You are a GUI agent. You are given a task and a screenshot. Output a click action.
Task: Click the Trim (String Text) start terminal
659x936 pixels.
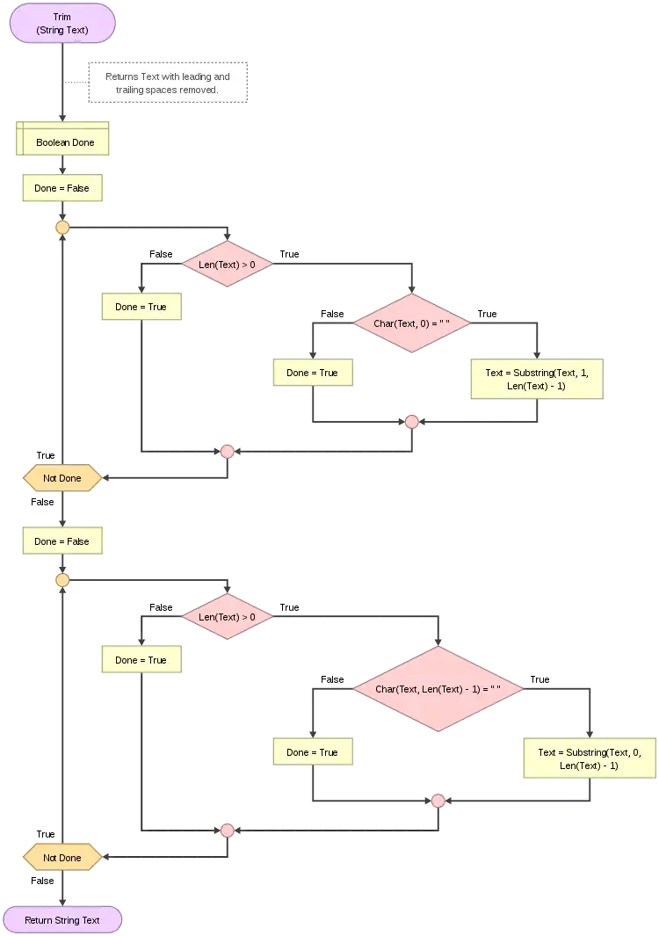(62, 24)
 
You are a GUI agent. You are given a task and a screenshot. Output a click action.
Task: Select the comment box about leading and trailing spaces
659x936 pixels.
(169, 83)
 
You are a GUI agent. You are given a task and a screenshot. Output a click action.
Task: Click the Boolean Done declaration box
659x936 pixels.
(63, 141)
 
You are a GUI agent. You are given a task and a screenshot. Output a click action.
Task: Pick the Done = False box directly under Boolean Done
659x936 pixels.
(62, 188)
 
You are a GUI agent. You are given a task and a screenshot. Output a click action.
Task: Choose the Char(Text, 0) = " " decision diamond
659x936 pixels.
(411, 323)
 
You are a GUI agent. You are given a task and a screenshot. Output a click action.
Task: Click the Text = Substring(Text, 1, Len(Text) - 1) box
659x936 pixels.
(537, 380)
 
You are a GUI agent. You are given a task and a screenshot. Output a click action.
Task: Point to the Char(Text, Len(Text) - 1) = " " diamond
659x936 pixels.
(438, 689)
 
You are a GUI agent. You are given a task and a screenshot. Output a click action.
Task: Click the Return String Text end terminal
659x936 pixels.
(62, 920)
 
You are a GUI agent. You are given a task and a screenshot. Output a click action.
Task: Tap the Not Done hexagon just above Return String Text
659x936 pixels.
(62, 857)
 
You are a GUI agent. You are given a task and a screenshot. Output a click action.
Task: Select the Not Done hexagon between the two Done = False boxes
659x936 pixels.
(62, 478)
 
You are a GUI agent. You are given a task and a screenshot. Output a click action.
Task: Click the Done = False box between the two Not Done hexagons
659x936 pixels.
(62, 541)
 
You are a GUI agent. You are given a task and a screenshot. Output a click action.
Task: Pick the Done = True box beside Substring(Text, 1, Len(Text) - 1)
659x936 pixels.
(312, 373)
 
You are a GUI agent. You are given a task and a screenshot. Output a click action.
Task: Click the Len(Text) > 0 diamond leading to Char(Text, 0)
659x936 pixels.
(228, 264)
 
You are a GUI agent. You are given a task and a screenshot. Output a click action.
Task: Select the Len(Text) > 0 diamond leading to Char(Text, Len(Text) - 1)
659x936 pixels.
(228, 617)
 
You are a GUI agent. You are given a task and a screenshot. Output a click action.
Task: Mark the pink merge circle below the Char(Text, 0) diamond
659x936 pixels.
(411, 422)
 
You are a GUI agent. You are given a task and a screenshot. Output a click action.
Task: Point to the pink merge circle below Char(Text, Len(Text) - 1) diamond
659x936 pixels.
(438, 801)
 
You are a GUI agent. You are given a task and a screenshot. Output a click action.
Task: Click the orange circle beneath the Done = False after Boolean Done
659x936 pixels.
(62, 228)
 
